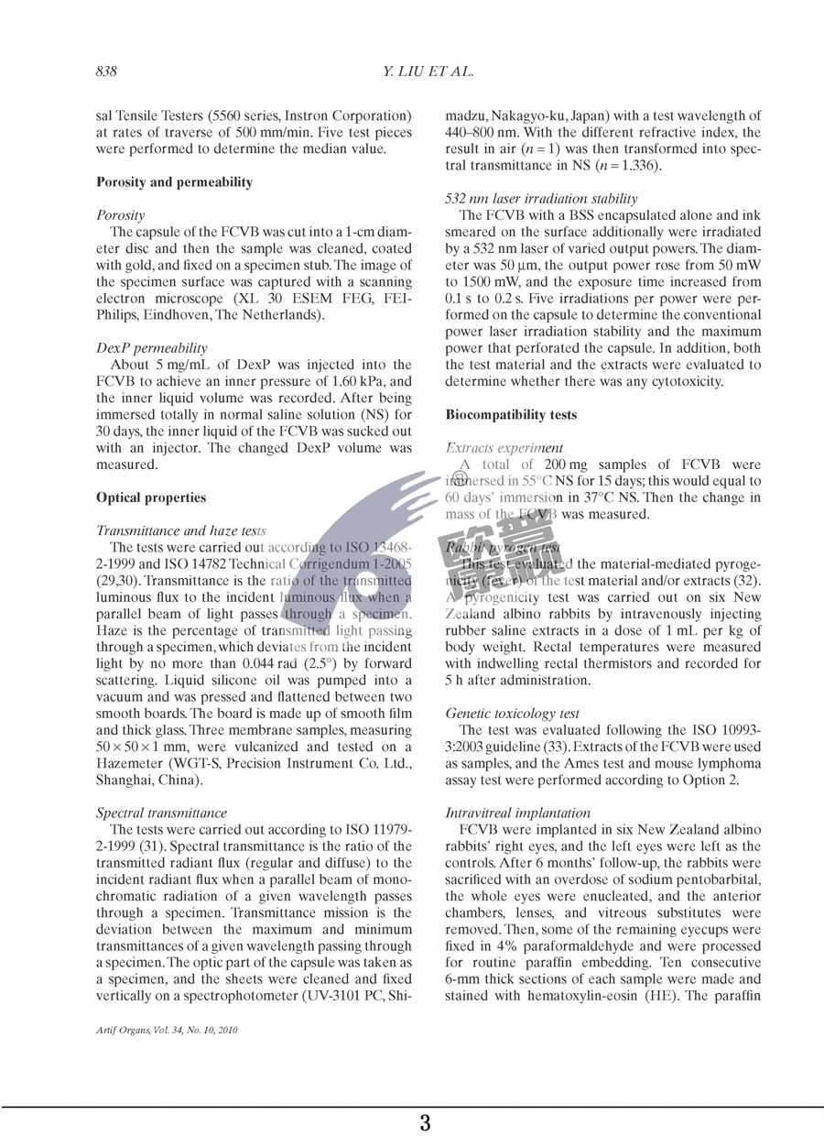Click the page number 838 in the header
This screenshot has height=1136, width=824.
pyautogui.click(x=107, y=71)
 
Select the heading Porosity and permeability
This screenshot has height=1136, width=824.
pyautogui.click(x=174, y=182)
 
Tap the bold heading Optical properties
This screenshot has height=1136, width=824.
pyautogui.click(x=151, y=497)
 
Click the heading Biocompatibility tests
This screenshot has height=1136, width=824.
pyautogui.click(x=511, y=415)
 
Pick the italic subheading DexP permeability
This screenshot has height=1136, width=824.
pyautogui.click(x=150, y=348)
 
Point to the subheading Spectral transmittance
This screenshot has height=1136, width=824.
pyautogui.click(x=161, y=813)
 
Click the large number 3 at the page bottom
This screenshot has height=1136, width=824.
pyautogui.click(x=425, y=1121)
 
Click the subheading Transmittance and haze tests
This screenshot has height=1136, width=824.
pyautogui.click(x=180, y=530)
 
